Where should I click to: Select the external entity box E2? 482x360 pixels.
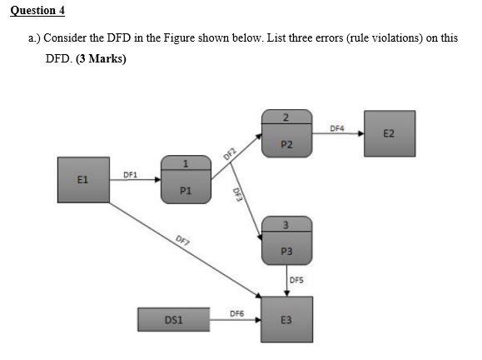(389, 132)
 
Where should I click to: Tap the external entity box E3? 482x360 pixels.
(286, 318)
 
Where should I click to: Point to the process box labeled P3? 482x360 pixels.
(286, 243)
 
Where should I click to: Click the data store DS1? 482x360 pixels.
(173, 318)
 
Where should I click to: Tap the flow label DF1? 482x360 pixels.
(130, 173)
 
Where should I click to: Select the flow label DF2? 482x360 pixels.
(231, 152)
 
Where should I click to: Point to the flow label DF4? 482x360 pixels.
(336, 128)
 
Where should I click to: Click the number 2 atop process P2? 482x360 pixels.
(286, 115)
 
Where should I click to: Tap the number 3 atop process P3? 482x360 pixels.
(286, 222)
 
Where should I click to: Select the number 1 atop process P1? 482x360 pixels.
(186, 163)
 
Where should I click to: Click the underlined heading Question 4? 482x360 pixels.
(36, 11)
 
